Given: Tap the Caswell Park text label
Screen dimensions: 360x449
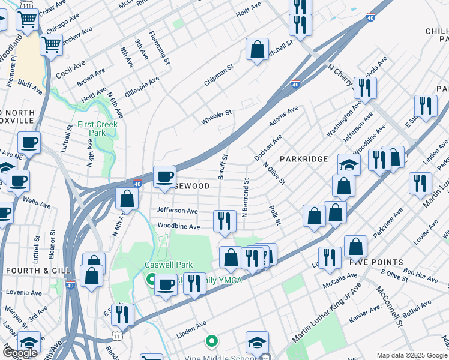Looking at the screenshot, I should pos(163,265).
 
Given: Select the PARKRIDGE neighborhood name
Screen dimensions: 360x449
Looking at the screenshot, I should pos(303,159).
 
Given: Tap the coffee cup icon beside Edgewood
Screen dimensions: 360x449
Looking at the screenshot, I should pos(165,176).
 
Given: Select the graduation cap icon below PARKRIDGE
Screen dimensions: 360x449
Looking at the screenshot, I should pos(349,164).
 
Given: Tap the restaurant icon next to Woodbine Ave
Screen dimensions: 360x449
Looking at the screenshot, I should pos(224,220).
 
